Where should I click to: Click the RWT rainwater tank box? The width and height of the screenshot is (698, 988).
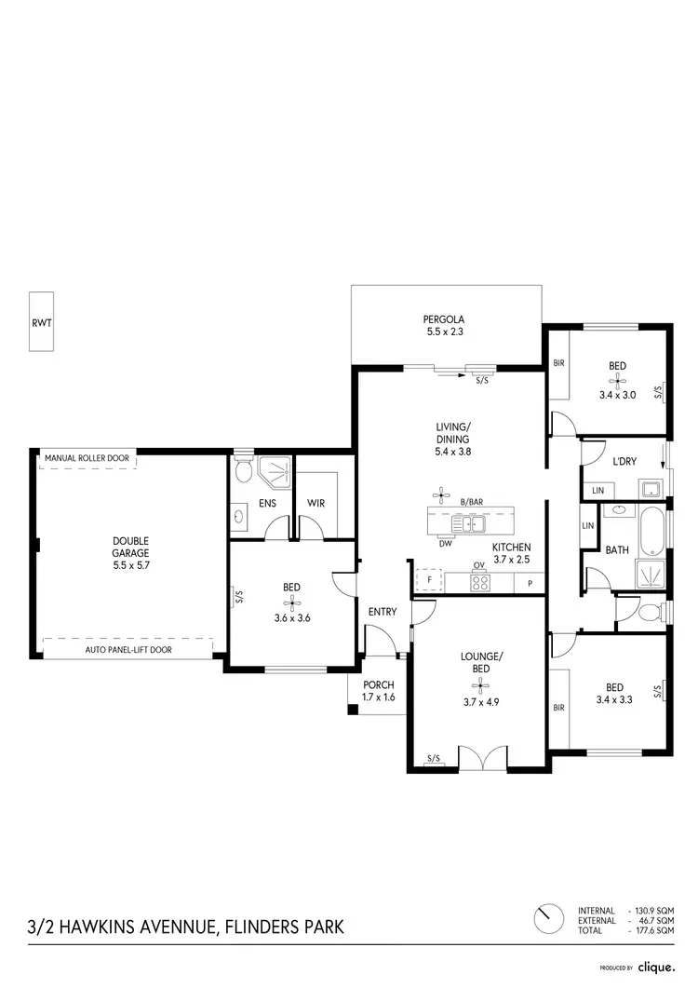(41, 321)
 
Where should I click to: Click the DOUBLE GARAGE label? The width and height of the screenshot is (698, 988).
(131, 547)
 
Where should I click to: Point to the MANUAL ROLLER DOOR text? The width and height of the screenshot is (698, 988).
(87, 458)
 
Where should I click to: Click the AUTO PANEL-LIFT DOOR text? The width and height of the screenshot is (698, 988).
(128, 649)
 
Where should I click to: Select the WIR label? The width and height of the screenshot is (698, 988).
(315, 504)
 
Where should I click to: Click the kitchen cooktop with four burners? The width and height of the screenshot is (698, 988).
(480, 584)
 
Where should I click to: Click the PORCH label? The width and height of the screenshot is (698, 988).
(379, 684)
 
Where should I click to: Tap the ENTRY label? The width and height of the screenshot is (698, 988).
(382, 612)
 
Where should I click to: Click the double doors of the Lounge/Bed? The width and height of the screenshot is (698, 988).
(484, 759)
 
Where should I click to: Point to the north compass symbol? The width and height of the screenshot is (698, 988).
(548, 918)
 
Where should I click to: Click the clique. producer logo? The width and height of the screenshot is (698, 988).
(657, 968)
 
